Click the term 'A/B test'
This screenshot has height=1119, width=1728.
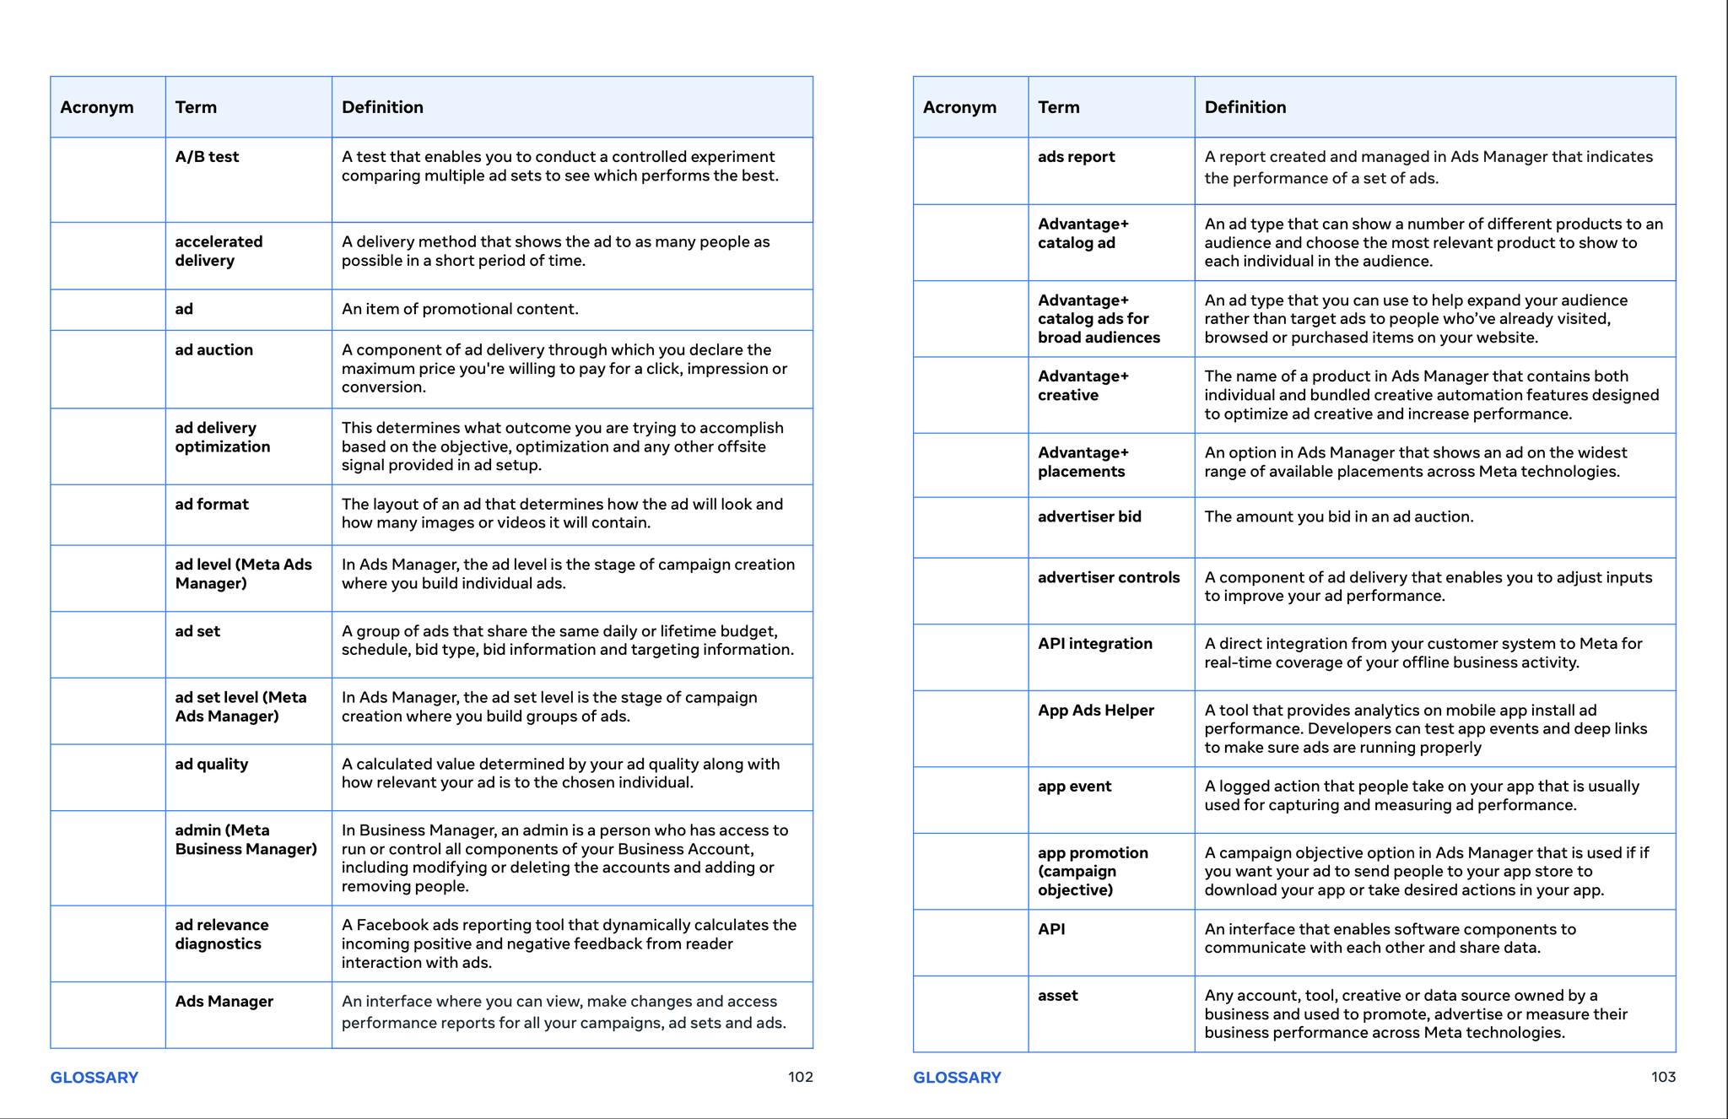pyautogui.click(x=207, y=157)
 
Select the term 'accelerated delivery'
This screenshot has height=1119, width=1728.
pyautogui.click(x=219, y=251)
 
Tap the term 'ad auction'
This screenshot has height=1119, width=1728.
pyautogui.click(x=213, y=350)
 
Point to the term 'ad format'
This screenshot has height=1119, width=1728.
pyautogui.click(x=212, y=505)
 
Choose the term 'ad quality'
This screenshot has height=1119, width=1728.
pyautogui.click(x=211, y=765)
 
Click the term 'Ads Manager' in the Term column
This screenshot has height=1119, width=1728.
pyautogui.click(x=224, y=1002)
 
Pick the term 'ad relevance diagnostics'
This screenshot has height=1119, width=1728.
pyautogui.click(x=221, y=935)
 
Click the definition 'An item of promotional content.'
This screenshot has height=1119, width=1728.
pyautogui.click(x=460, y=310)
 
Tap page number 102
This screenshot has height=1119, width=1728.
pyautogui.click(x=800, y=1077)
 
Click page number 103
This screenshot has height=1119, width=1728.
pyautogui.click(x=1663, y=1077)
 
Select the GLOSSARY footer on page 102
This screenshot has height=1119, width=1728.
pyautogui.click(x=94, y=1078)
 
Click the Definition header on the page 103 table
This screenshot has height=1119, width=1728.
pyautogui.click(x=1245, y=107)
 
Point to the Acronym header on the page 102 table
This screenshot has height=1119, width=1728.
pyautogui.click(x=96, y=107)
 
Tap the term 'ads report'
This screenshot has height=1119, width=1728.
pyautogui.click(x=1076, y=157)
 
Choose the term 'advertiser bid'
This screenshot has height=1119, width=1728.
pyautogui.click(x=1089, y=517)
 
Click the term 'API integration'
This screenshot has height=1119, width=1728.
pyautogui.click(x=1094, y=644)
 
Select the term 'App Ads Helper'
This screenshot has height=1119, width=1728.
pyautogui.click(x=1095, y=711)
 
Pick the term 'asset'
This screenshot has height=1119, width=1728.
pyautogui.click(x=1057, y=996)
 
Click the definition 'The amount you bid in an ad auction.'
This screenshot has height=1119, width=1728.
pyautogui.click(x=1338, y=517)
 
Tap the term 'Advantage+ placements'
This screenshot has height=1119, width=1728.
pyautogui.click(x=1083, y=462)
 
